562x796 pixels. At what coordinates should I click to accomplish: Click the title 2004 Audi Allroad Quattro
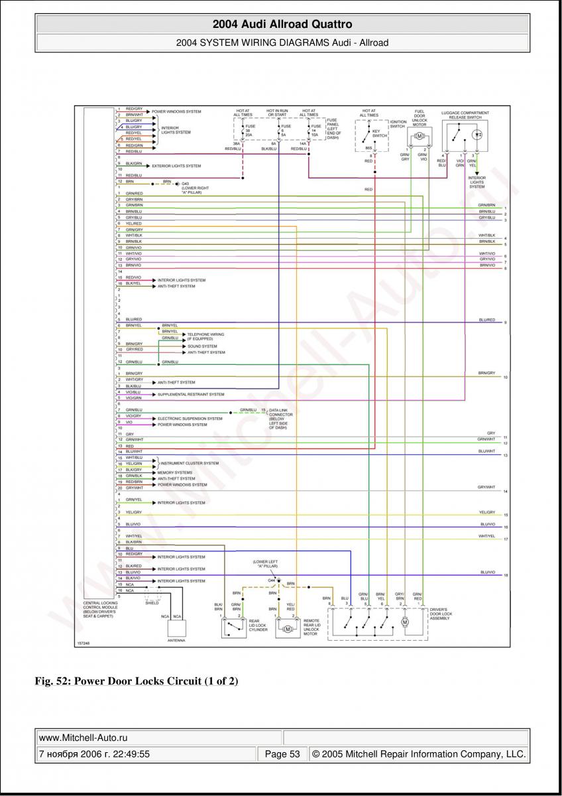tap(282, 25)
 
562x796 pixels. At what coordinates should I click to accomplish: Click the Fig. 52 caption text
tap(137, 681)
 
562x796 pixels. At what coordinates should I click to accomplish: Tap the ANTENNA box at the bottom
tap(177, 628)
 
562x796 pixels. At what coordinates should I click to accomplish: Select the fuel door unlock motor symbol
tap(419, 136)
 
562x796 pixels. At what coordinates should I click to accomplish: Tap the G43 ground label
tap(186, 184)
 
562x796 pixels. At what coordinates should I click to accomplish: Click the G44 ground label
tap(271, 580)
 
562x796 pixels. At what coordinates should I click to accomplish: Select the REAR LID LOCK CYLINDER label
tap(258, 626)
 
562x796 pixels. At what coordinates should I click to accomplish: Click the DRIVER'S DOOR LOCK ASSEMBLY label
tap(441, 614)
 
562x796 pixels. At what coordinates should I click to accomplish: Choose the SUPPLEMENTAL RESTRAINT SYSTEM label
tap(191, 394)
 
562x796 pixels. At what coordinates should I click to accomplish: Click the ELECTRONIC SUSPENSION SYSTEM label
tap(190, 419)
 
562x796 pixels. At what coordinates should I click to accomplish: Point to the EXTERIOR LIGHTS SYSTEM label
tap(176, 166)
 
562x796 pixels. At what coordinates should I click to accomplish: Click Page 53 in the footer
tap(282, 754)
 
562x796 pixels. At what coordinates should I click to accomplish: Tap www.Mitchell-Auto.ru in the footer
tap(84, 738)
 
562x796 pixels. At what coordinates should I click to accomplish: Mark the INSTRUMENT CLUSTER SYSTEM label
tap(190, 463)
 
